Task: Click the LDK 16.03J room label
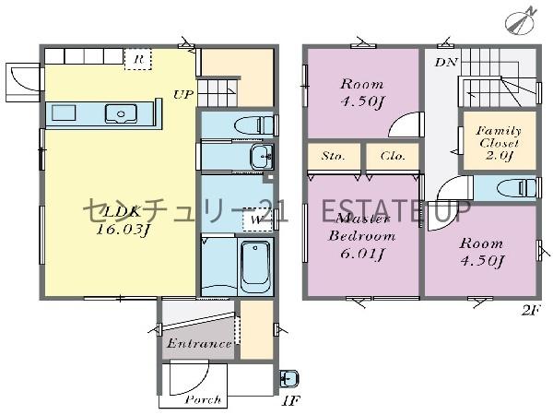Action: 122,221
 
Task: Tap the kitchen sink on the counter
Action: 121,113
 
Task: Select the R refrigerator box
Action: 138,59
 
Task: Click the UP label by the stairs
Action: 183,95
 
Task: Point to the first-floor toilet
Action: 254,125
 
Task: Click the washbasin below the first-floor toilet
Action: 262,156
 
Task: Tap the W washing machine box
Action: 257,220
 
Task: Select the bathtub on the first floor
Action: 255,265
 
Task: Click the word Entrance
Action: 199,343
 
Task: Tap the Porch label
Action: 203,399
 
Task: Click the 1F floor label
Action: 291,400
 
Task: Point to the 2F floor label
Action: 530,311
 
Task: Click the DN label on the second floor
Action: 446,63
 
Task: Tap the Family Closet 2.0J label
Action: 499,143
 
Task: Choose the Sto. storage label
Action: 334,156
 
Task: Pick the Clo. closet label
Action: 393,156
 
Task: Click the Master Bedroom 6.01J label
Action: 362,236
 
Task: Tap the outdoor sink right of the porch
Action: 289,379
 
